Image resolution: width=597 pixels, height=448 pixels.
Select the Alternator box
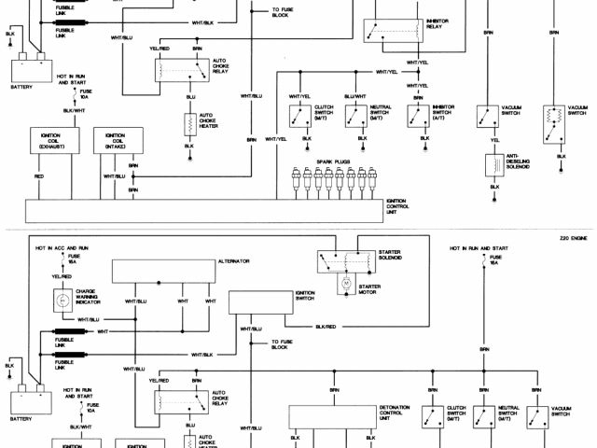pos(163,271)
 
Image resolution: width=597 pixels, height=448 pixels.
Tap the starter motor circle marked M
pos(342,281)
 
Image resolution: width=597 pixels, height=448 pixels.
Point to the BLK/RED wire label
pos(326,328)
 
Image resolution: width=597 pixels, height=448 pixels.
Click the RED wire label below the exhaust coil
pos(39,175)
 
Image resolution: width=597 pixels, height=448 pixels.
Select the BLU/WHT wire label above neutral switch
pos(355,97)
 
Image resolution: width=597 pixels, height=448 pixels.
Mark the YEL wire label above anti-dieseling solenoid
pos(489,142)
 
